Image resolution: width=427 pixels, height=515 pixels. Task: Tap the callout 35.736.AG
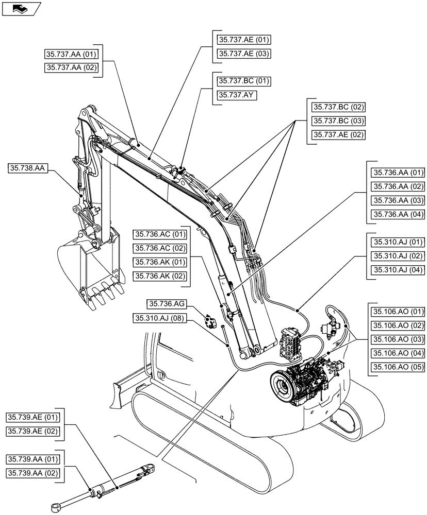click(x=165, y=304)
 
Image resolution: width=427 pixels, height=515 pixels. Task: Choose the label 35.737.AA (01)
click(x=72, y=53)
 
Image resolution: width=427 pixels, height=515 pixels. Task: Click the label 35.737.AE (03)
click(x=244, y=54)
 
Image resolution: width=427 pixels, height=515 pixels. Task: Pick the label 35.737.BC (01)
click(x=244, y=81)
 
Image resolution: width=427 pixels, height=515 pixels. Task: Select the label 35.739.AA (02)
click(x=33, y=473)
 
